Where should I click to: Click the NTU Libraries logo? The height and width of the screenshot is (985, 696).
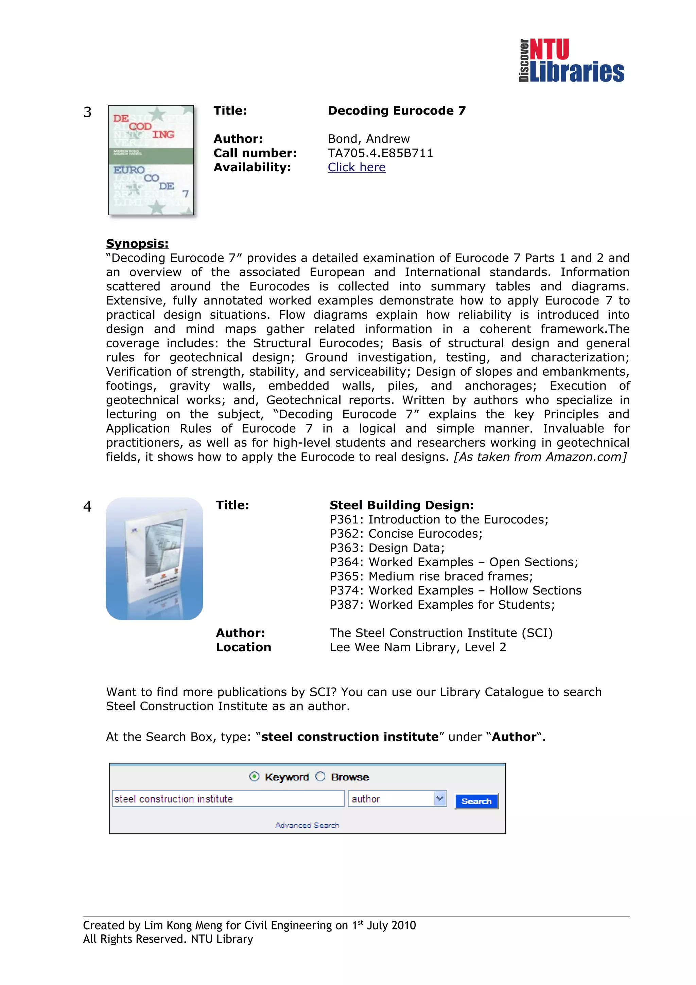571,60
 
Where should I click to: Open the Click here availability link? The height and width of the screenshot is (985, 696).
356,167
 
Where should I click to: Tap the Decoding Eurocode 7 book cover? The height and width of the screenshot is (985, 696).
151,160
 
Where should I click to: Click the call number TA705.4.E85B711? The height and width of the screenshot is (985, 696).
380,153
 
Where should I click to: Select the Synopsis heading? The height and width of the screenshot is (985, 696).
137,244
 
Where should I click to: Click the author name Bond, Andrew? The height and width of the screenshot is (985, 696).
369,139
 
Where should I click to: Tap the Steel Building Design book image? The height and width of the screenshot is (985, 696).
154,558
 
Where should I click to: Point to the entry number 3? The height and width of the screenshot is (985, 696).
87,113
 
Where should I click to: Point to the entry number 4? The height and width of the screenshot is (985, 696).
87,507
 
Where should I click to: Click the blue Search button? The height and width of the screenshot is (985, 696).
476,801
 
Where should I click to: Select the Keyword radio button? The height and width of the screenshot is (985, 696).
254,777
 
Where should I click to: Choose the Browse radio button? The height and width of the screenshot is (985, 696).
320,777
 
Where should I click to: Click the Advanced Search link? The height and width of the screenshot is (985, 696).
307,825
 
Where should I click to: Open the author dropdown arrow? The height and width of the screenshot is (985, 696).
439,798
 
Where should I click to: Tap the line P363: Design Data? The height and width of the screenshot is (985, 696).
387,548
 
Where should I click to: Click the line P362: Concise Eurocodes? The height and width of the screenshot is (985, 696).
406,534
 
